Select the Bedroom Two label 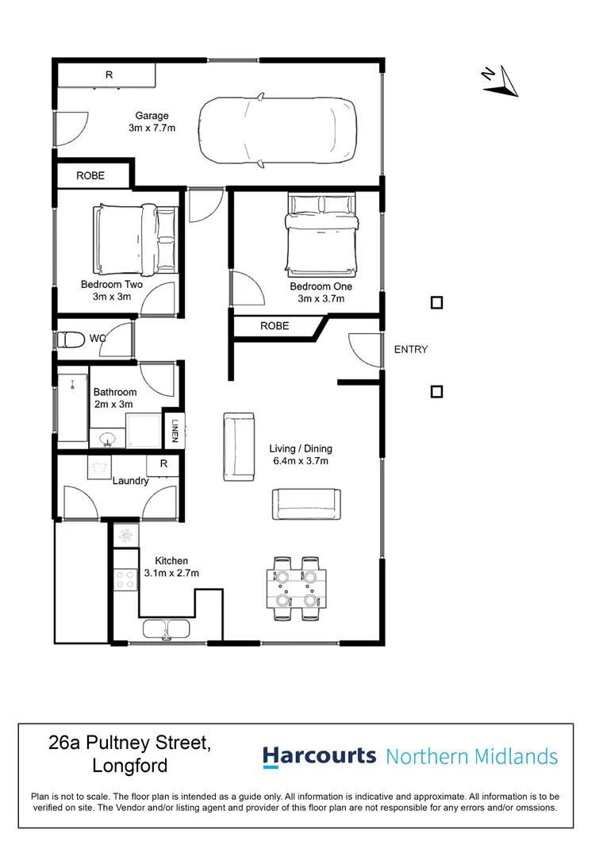pyautogui.click(x=111, y=285)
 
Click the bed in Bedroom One pyautogui.click(x=321, y=232)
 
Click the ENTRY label pyautogui.click(x=410, y=349)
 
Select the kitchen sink pyautogui.click(x=166, y=630)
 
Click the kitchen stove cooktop pyautogui.click(x=125, y=578)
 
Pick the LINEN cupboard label pyautogui.click(x=174, y=432)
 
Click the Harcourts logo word pyautogui.click(x=319, y=756)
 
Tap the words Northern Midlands pyautogui.click(x=472, y=757)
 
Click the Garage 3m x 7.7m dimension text pyautogui.click(x=151, y=127)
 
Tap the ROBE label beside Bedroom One pyautogui.click(x=274, y=326)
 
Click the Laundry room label pyautogui.click(x=130, y=480)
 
